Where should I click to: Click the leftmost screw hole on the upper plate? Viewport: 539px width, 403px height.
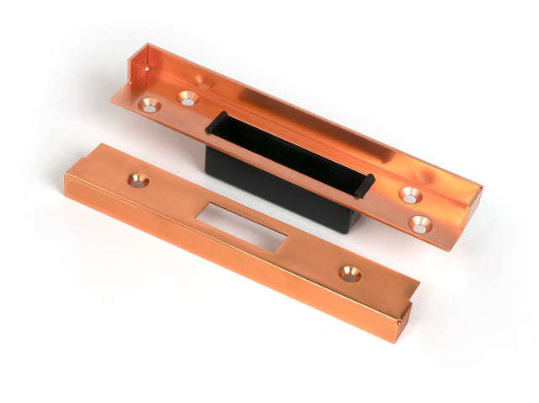coord(150,105)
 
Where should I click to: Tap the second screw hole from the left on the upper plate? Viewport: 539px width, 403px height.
coord(188,98)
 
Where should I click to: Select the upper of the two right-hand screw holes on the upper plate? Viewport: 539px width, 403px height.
coord(410,195)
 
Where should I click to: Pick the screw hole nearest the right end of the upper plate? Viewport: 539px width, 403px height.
coord(420,224)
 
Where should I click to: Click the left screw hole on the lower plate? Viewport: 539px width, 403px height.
coord(138,180)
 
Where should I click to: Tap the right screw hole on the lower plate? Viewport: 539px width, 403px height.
coord(350,274)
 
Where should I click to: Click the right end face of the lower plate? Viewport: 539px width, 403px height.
coord(405,320)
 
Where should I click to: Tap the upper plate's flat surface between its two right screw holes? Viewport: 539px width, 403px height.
coord(415,210)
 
